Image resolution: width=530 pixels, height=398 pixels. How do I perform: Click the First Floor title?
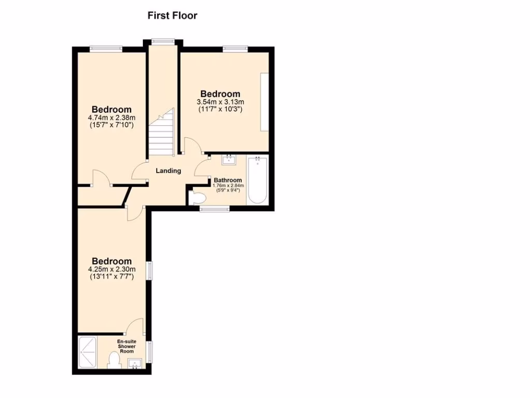(x=172, y=16)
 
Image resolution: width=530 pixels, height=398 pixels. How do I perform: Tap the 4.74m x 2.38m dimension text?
(x=112, y=118)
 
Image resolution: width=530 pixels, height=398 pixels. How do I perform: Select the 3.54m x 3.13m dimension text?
(x=220, y=102)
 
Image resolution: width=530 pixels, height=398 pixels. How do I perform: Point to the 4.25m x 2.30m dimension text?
(x=112, y=269)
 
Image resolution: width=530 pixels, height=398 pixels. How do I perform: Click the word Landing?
(x=169, y=170)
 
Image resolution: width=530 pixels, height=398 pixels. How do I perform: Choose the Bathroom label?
(x=228, y=180)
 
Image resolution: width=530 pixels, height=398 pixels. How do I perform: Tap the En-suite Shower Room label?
(x=127, y=346)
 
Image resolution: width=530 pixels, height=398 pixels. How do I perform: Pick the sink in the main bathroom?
(x=228, y=160)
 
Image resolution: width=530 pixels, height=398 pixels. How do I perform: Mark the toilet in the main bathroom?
(x=197, y=197)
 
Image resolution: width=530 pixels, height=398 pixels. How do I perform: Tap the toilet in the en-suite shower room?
(x=113, y=361)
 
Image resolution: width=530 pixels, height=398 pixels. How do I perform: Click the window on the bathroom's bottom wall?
(x=214, y=208)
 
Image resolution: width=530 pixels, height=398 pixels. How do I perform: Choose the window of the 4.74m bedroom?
(x=106, y=49)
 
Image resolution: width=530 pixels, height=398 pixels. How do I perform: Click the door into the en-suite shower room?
(x=136, y=326)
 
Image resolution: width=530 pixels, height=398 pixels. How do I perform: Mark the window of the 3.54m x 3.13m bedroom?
(x=235, y=49)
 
